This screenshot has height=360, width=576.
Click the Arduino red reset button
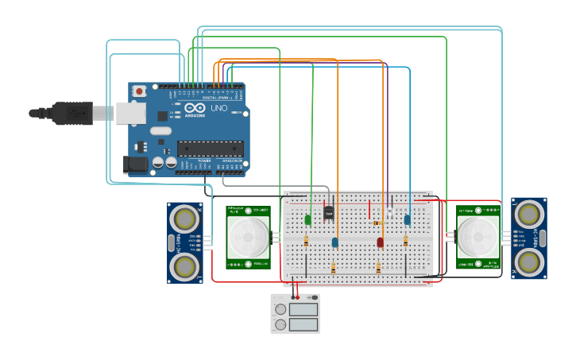(140, 91)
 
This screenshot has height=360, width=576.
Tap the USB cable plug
(72, 114)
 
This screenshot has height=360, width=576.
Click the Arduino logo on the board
(195, 108)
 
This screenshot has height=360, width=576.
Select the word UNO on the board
(218, 108)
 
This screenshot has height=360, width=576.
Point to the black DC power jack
(134, 165)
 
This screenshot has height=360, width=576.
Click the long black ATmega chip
(210, 148)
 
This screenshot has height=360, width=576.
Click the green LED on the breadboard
(307, 219)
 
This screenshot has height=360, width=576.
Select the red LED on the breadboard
(380, 242)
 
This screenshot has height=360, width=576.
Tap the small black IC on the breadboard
(329, 212)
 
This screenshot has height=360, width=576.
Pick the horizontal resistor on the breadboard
(377, 223)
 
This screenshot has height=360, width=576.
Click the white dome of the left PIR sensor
(248, 236)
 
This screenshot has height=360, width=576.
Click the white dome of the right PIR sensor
(478, 235)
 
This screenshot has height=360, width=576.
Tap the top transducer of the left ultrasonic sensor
(184, 217)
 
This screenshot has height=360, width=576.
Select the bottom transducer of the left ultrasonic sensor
(184, 267)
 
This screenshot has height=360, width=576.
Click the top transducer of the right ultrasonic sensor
(529, 213)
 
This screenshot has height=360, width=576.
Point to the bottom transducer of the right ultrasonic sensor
(529, 262)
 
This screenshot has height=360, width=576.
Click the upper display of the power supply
(303, 308)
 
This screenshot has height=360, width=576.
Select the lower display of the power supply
(303, 323)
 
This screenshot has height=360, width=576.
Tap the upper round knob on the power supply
(280, 309)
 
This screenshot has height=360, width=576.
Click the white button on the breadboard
(389, 214)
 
